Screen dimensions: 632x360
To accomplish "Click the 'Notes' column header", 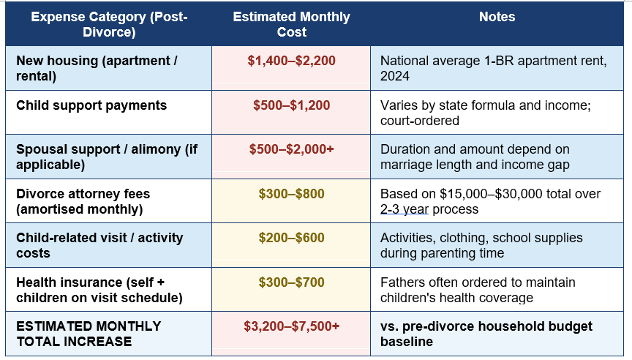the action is tap(497, 17).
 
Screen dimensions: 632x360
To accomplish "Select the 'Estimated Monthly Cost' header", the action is tap(291, 24).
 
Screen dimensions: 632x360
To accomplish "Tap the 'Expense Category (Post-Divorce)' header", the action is tap(109, 24).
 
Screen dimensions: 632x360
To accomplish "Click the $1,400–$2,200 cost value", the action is tap(291, 61).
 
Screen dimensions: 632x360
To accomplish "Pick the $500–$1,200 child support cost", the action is tap(291, 105).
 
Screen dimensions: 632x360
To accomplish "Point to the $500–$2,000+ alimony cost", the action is tap(291, 149).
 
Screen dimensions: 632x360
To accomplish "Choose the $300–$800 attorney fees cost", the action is tap(291, 194).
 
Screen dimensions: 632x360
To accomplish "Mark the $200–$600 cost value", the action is tap(291, 238).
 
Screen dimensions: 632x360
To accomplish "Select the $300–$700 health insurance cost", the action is tap(291, 282).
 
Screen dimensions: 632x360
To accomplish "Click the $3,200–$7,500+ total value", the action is tap(291, 326).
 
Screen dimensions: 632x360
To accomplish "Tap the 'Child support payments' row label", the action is tap(91, 105).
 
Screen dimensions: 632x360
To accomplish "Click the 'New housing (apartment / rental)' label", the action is tap(97, 68).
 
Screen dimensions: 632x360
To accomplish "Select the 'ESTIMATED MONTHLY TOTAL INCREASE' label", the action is tap(89, 334).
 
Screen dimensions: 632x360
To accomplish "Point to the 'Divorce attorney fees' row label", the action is tap(83, 194).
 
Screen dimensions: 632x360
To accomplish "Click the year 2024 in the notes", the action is tap(395, 76).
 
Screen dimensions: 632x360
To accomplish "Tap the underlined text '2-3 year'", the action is tap(405, 209).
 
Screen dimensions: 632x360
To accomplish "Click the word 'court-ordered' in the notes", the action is tap(420, 121).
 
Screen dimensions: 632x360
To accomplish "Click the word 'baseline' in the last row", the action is tap(406, 342).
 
